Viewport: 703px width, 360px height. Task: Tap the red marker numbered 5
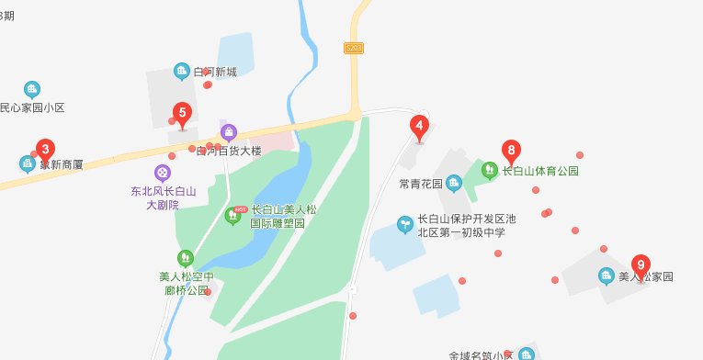pyautogui.click(x=182, y=116)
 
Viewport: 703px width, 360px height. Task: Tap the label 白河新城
pyautogui.click(x=215, y=72)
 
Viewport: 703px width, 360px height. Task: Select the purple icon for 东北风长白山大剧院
pyautogui.click(x=163, y=172)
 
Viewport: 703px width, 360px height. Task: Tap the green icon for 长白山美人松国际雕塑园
pyautogui.click(x=232, y=216)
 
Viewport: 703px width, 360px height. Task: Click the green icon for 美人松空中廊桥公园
pyautogui.click(x=187, y=257)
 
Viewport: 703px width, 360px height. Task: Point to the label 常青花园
pyautogui.click(x=421, y=183)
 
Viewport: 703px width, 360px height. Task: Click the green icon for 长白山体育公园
pyautogui.click(x=490, y=170)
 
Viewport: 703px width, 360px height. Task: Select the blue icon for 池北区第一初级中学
pyautogui.click(x=403, y=223)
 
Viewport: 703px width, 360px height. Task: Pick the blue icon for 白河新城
pyautogui.click(x=182, y=72)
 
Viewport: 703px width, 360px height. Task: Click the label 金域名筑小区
pyautogui.click(x=479, y=354)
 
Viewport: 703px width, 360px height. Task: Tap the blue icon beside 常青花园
pyautogui.click(x=454, y=183)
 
